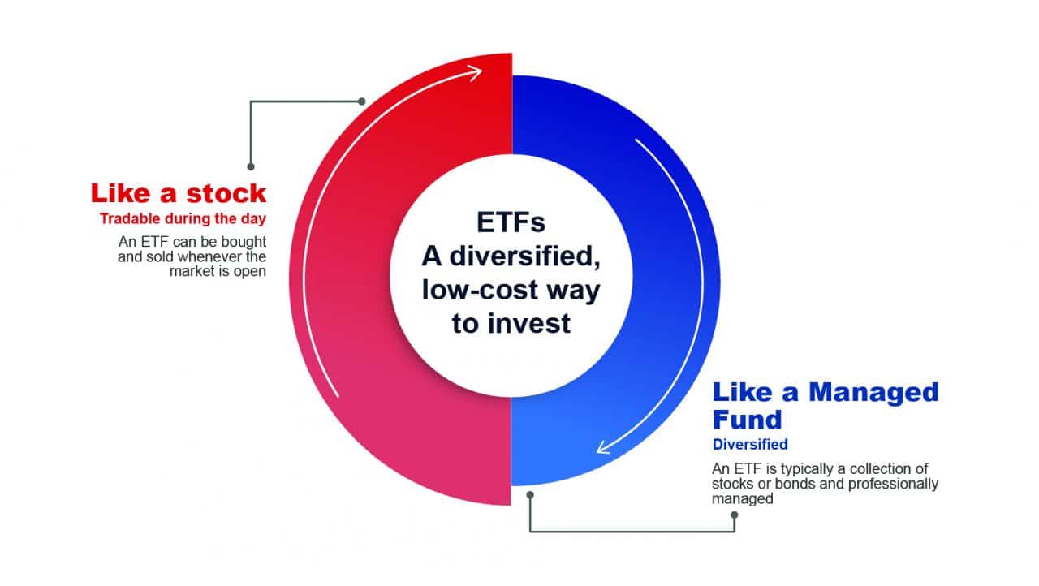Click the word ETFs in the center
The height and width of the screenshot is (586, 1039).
[511, 222]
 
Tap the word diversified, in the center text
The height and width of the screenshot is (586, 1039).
[524, 256]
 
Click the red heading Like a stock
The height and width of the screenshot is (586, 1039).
[179, 193]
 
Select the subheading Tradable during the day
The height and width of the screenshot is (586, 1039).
[183, 218]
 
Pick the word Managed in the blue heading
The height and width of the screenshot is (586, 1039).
[874, 392]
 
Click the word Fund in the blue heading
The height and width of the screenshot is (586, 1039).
[748, 420]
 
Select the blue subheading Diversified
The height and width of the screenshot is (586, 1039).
[750, 444]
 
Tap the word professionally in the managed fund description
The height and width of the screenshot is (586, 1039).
[894, 484]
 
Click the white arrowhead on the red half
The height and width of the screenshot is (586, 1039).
[473, 73]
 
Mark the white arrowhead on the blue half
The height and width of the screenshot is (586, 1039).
[603, 447]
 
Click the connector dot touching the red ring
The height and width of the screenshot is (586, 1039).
[362, 101]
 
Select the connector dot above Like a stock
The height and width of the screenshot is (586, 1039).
[251, 166]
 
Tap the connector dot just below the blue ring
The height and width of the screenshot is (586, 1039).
[530, 495]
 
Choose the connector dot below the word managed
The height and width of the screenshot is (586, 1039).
[735, 515]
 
